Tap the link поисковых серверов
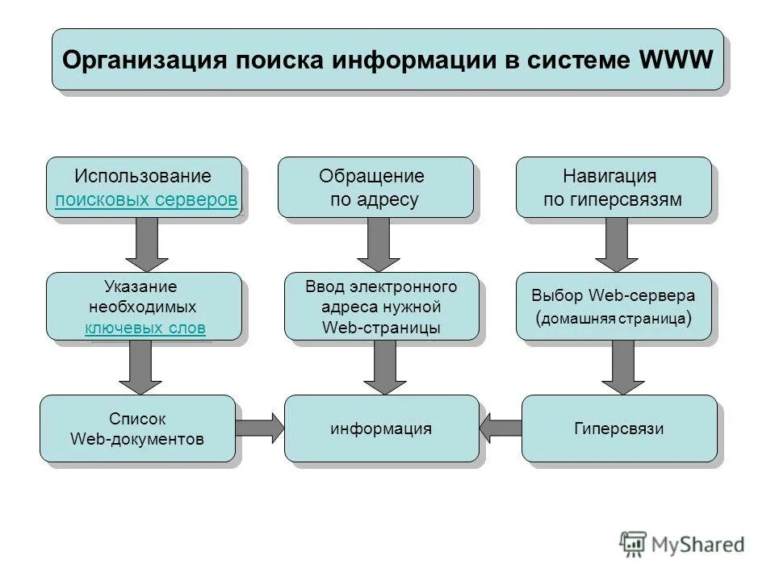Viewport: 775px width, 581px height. coord(146,200)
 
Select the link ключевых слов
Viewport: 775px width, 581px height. coord(145,328)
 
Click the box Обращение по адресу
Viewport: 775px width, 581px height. coord(375,187)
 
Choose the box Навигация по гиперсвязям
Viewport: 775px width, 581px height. coord(614,187)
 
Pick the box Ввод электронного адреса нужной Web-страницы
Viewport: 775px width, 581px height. coord(381,307)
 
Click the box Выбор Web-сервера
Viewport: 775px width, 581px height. coord(614,306)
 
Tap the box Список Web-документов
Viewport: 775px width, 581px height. coord(137,428)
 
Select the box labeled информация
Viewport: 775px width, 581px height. coord(381,428)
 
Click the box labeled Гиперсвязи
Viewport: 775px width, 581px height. coord(619,428)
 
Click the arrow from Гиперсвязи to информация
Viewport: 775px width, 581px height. coord(502,428)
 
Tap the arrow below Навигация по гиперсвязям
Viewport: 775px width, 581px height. coord(617,244)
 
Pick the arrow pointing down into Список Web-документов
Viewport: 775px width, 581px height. coord(140,367)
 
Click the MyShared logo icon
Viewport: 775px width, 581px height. coord(634,545)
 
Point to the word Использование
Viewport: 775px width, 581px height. coord(143,176)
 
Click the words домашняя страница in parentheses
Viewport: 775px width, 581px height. coord(614,318)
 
